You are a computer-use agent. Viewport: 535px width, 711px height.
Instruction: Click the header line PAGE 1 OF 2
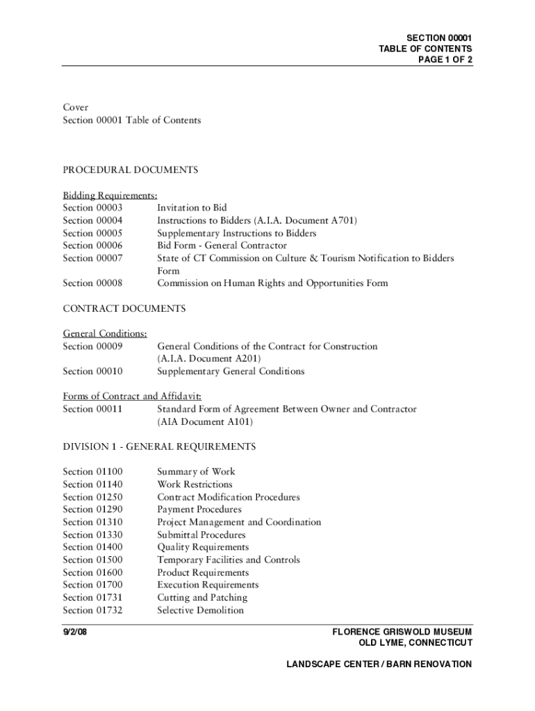point(445,60)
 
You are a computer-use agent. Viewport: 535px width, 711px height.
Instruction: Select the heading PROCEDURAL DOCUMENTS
point(130,170)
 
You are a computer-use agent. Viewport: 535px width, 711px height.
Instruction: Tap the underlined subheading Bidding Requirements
point(110,195)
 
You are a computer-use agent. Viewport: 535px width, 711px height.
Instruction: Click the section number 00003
point(109,208)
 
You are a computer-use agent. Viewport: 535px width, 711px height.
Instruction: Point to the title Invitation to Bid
point(192,208)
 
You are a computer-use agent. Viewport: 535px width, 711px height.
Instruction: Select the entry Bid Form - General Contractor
point(222,245)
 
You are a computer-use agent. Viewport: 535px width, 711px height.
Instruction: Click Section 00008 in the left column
point(92,283)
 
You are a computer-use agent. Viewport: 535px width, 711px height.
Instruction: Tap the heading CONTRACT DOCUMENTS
point(124,308)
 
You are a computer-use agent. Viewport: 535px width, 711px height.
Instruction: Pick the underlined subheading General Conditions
point(104,333)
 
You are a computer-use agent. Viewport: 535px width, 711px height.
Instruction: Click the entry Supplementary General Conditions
point(231,371)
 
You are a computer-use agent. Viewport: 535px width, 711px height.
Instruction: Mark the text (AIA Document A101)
point(205,421)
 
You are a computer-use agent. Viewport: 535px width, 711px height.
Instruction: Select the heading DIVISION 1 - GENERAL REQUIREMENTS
point(159,446)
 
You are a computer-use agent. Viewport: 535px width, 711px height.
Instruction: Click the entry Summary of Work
point(197,471)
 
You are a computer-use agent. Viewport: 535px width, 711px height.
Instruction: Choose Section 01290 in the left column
point(92,509)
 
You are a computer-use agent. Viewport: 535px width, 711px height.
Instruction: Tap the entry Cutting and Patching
point(202,597)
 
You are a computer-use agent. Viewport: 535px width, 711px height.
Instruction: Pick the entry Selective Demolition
point(201,610)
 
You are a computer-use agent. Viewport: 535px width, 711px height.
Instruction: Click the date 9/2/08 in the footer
point(75,633)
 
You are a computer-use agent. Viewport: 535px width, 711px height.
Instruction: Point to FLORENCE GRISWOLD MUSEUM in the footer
point(402,633)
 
